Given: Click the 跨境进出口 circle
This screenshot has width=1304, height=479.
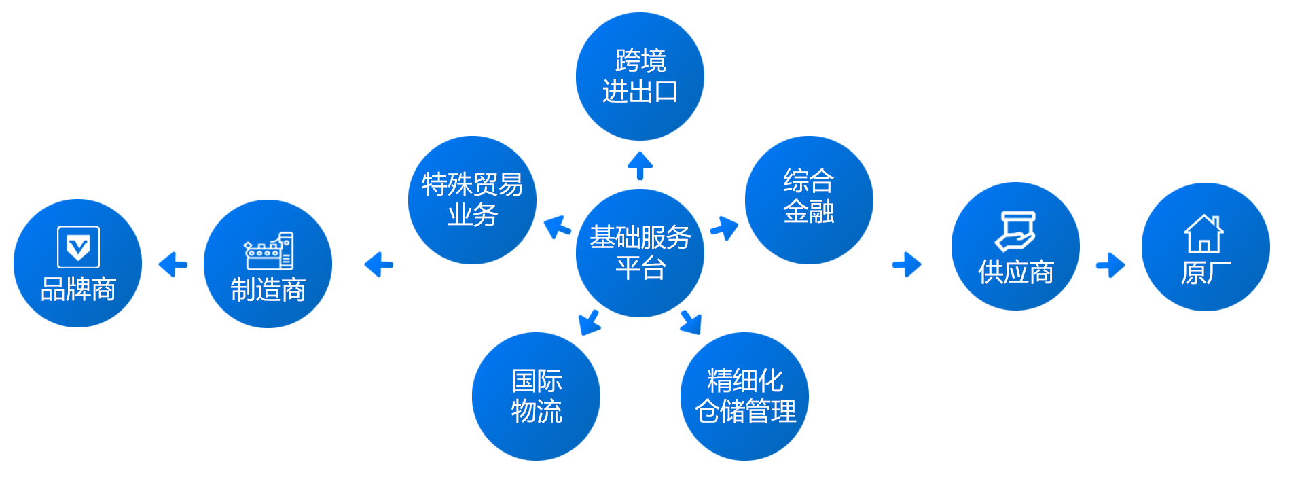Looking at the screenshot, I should coord(640,76).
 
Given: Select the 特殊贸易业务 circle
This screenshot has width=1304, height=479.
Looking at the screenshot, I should coord(472,200).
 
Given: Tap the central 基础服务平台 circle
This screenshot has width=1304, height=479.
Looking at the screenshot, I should coord(640,253).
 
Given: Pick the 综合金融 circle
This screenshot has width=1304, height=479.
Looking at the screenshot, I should coord(808,200).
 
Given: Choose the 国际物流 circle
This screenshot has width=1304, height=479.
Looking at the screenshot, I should coord(536,396).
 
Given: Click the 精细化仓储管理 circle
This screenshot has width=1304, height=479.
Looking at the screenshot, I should coord(744,396).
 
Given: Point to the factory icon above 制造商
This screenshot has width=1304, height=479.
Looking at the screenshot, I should coord(269,251).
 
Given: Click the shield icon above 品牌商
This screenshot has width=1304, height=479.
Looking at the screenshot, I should coord(78,247).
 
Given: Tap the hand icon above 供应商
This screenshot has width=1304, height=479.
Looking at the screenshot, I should coord(1015,232).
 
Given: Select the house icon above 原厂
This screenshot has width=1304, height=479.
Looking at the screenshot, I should coord(1204,234).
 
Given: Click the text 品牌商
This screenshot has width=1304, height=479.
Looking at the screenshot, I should coord(78,289).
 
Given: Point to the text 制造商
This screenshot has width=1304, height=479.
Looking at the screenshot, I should coord(268,289).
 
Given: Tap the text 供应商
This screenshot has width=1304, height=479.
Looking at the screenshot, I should coord(1015,272).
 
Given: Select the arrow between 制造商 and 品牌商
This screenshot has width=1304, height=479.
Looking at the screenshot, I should coord(173,264).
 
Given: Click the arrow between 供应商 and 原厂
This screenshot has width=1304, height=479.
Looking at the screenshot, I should coord(1110,265).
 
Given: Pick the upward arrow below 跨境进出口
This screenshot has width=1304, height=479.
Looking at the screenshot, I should coord(640,165).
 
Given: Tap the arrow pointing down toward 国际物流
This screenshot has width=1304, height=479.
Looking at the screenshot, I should coord(589,322).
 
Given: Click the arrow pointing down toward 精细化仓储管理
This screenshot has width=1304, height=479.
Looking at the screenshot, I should coord(691,322).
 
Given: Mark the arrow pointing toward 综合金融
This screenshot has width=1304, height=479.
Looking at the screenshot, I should coord(725,228).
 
